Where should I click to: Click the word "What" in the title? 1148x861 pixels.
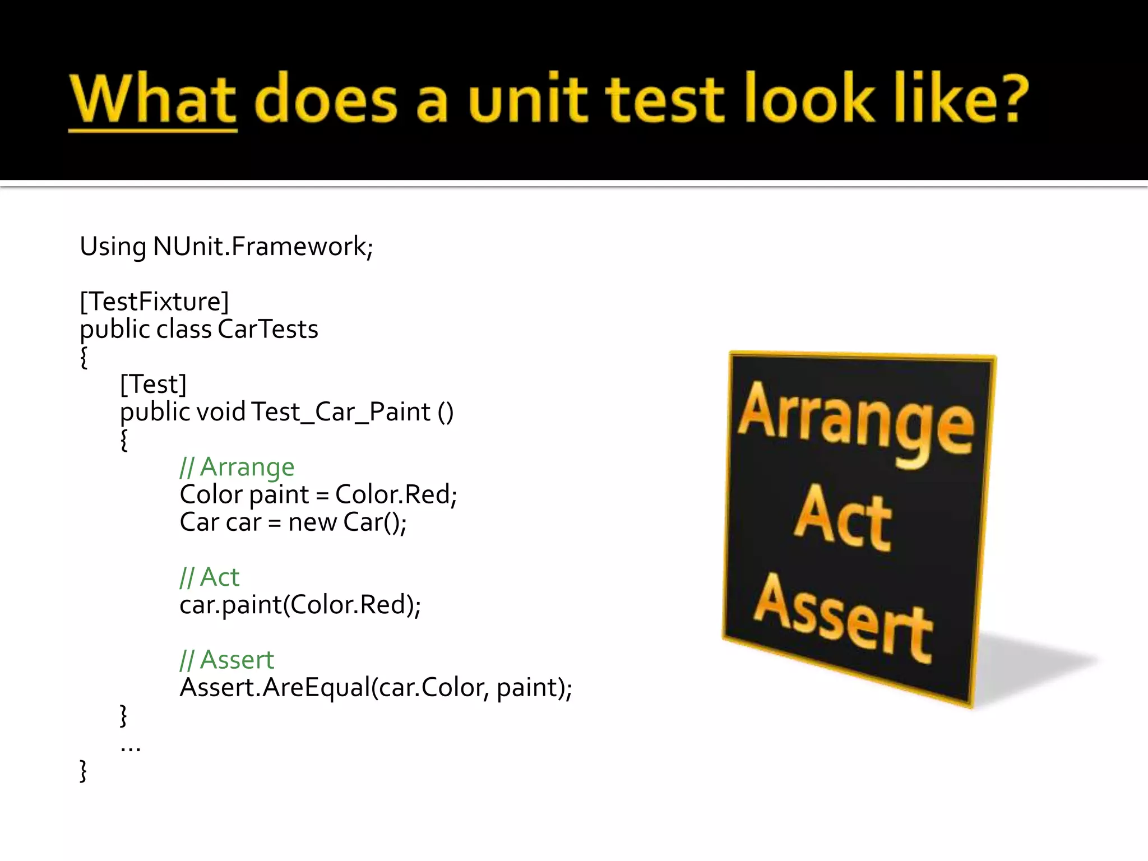click(153, 99)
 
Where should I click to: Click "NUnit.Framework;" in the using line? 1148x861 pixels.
click(262, 247)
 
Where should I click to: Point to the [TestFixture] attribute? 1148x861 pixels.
click(154, 302)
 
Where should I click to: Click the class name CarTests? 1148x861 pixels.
click(267, 329)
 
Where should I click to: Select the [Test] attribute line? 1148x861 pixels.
click(153, 385)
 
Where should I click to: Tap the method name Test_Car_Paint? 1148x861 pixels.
click(340, 412)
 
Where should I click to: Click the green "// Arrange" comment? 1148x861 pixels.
click(237, 467)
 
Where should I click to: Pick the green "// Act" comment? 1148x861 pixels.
click(209, 577)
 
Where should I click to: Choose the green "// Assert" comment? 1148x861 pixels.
click(226, 660)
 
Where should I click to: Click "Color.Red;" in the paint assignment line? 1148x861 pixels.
click(396, 494)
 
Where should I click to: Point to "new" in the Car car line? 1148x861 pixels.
click(312, 522)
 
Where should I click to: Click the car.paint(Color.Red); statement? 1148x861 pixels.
click(300, 605)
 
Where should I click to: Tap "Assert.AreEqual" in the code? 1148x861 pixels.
click(275, 688)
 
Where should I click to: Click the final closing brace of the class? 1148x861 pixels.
click(84, 771)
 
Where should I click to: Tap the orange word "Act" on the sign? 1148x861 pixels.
click(842, 519)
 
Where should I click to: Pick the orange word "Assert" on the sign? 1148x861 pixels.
click(843, 618)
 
